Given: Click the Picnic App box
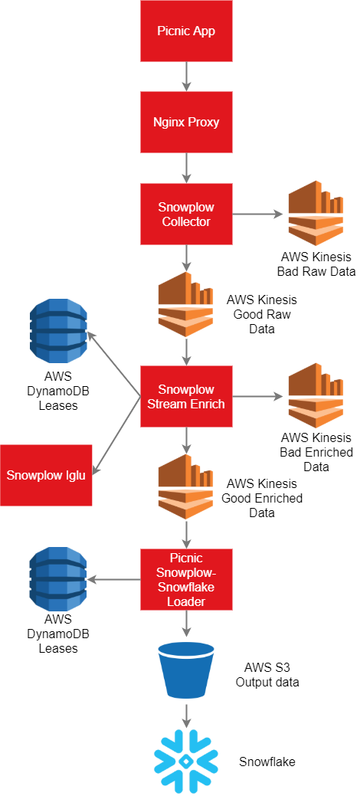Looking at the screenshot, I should pyautogui.click(x=186, y=31).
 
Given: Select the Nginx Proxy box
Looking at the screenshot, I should pyautogui.click(x=186, y=123).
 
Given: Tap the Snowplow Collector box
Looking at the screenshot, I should pyautogui.click(x=186, y=214).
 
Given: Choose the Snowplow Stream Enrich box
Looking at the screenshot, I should pyautogui.click(x=186, y=396).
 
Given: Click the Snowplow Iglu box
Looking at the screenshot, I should pyautogui.click(x=46, y=474).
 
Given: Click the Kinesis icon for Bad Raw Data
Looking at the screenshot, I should pyautogui.click(x=316, y=212).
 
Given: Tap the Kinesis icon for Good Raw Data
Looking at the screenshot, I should pyautogui.click(x=186, y=304).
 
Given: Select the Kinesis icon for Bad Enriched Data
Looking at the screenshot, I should pyautogui.click(x=316, y=395).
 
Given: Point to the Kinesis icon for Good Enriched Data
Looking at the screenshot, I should pyautogui.click(x=186, y=487).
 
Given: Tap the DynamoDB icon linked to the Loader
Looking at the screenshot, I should pyautogui.click(x=58, y=580).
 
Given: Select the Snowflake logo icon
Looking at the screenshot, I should pyautogui.click(x=186, y=762).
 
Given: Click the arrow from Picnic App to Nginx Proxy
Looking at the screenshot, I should pyautogui.click(x=186, y=77).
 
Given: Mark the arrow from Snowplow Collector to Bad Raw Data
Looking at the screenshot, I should pyautogui.click(x=257, y=214).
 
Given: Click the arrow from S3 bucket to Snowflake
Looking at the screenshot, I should pyautogui.click(x=186, y=716).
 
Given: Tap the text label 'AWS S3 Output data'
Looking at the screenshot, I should pyautogui.click(x=267, y=675).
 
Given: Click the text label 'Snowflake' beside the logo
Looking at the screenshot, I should pyautogui.click(x=267, y=762).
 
